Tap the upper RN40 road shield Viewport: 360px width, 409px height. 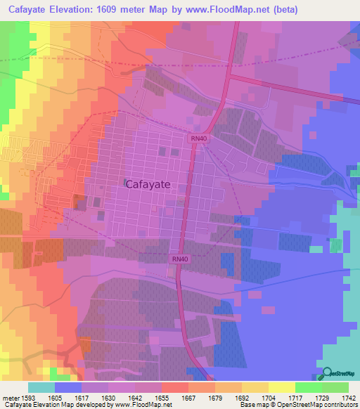(x=198, y=139)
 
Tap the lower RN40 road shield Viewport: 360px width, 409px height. (x=180, y=259)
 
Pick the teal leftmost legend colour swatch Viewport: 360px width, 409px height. (x=41, y=387)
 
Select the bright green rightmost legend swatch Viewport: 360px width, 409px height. (x=335, y=387)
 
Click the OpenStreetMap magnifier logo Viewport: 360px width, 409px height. (x=325, y=372)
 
